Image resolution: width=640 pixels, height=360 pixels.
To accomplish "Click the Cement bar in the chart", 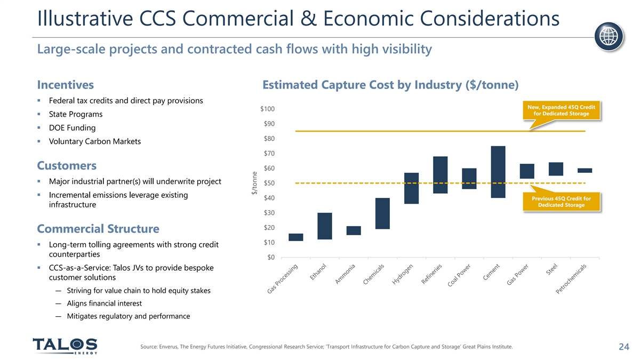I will tap(498, 172).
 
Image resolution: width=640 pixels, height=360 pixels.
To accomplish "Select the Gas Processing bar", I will tap(295, 237).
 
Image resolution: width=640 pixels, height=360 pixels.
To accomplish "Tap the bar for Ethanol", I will tap(324, 226).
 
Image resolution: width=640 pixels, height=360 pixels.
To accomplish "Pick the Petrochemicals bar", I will tap(585, 171).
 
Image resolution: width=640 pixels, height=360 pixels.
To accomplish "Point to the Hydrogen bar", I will tap(411, 188).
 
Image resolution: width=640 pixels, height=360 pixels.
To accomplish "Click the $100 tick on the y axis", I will tap(267, 109).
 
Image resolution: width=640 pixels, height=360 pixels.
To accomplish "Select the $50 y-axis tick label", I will tap(269, 183).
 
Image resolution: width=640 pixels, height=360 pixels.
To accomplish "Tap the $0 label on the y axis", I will tap(271, 258).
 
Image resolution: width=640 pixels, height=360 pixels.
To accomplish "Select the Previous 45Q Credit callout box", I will tap(565, 203).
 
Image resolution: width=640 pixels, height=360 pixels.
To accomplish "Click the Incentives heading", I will tap(66, 85).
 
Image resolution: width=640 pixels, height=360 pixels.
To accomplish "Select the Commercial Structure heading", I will tap(98, 229).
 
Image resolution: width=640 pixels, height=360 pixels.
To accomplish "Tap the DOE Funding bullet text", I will tap(72, 128).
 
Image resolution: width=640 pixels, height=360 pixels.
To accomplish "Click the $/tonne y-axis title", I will tap(255, 182).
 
